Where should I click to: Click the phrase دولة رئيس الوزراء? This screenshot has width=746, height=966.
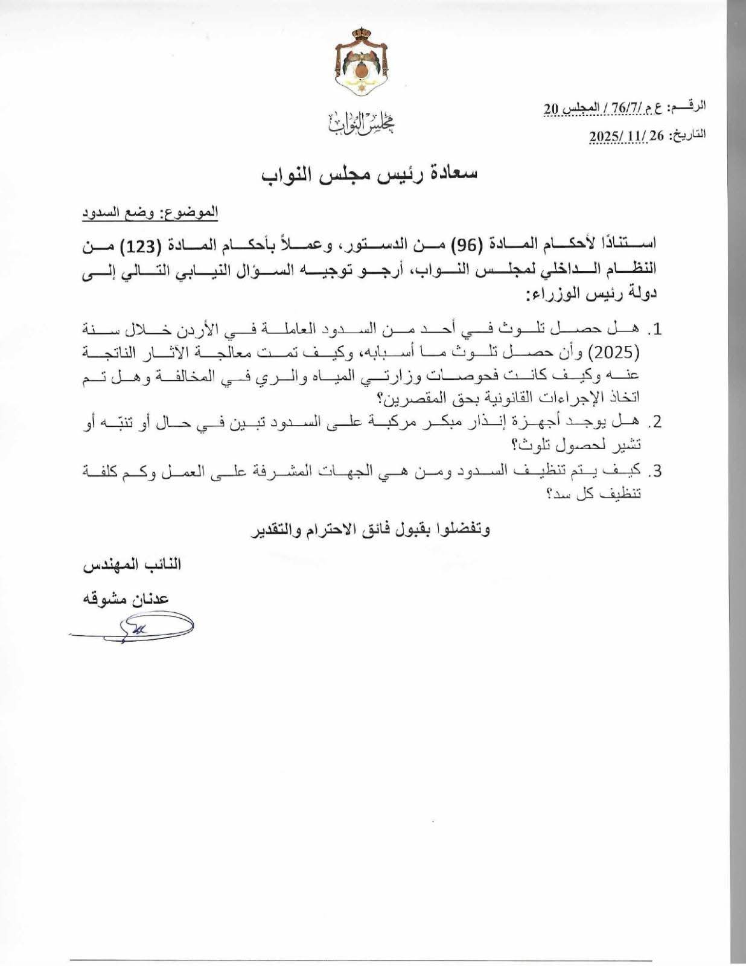pyautogui.click(x=591, y=295)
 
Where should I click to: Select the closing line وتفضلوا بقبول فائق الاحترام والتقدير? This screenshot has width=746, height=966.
pyautogui.click(x=371, y=531)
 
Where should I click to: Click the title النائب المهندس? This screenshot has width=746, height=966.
pyautogui.click(x=132, y=565)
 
